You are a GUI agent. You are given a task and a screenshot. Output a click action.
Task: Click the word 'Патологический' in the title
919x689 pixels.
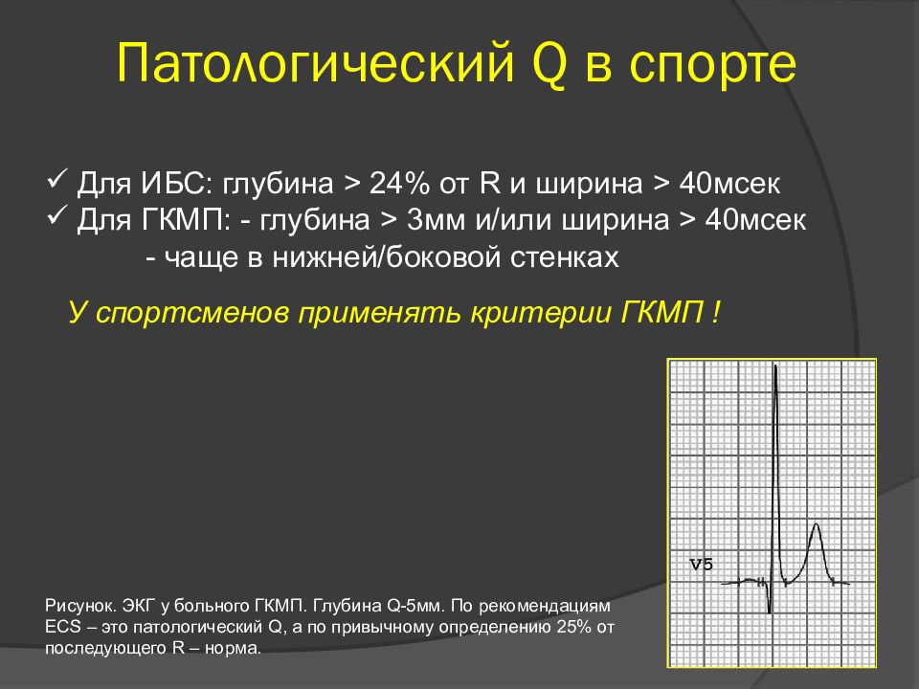(x=315, y=63)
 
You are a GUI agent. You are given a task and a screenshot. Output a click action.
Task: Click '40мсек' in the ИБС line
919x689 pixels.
(x=729, y=184)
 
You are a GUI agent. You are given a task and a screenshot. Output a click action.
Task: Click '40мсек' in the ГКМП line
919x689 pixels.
(x=755, y=220)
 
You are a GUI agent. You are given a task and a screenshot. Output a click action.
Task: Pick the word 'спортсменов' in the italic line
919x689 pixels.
(x=191, y=314)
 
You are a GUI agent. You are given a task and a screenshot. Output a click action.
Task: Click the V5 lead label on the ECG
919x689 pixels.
(x=701, y=565)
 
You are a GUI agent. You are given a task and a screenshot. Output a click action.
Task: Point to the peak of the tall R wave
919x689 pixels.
(x=775, y=367)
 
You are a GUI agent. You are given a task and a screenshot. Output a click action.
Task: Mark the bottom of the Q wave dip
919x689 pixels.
(x=770, y=612)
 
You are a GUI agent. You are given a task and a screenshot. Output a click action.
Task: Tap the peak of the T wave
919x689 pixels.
(x=816, y=525)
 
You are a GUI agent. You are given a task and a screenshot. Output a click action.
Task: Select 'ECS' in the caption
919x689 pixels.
(x=63, y=627)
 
